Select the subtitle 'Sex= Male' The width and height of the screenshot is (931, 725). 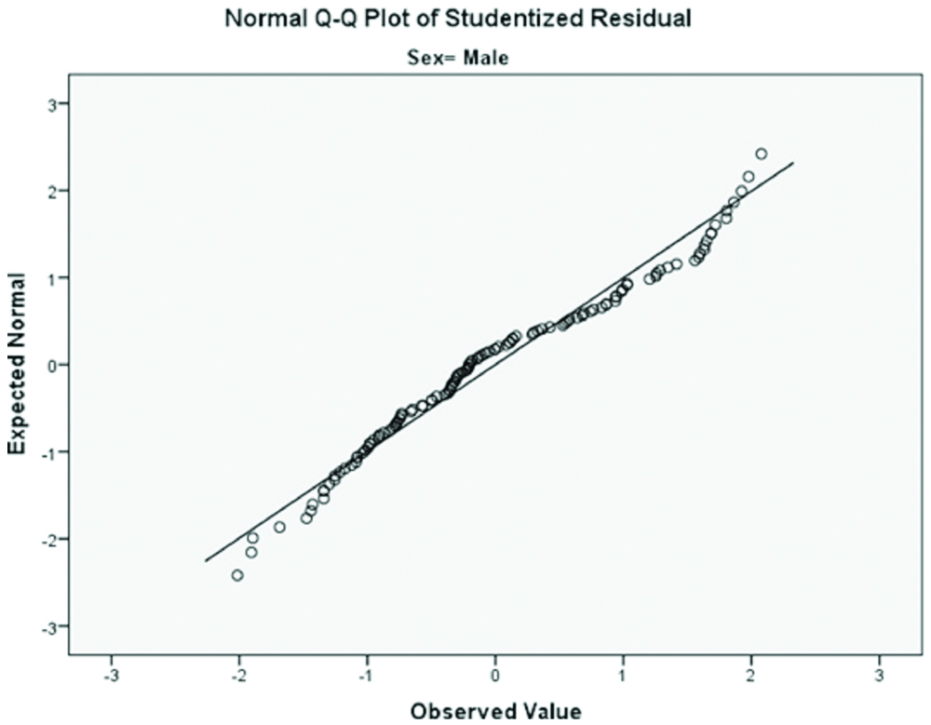pos(459,59)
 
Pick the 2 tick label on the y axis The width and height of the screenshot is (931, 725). pos(54,191)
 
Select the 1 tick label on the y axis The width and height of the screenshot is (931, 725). pos(54,278)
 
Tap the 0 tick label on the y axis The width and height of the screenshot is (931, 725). pos(54,365)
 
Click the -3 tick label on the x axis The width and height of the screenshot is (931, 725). pos(110,672)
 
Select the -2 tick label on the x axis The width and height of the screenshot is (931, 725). pos(238,672)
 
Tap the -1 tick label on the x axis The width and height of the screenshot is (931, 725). pos(366,672)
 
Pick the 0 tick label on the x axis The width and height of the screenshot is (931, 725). pos(496,672)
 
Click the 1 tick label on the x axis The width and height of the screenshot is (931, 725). pos(624,672)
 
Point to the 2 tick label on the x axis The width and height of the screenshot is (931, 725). pos(752,672)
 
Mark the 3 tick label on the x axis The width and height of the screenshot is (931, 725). pos(880,672)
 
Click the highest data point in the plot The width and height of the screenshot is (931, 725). pos(762,154)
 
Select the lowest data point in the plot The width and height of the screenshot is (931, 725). pos(237,575)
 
